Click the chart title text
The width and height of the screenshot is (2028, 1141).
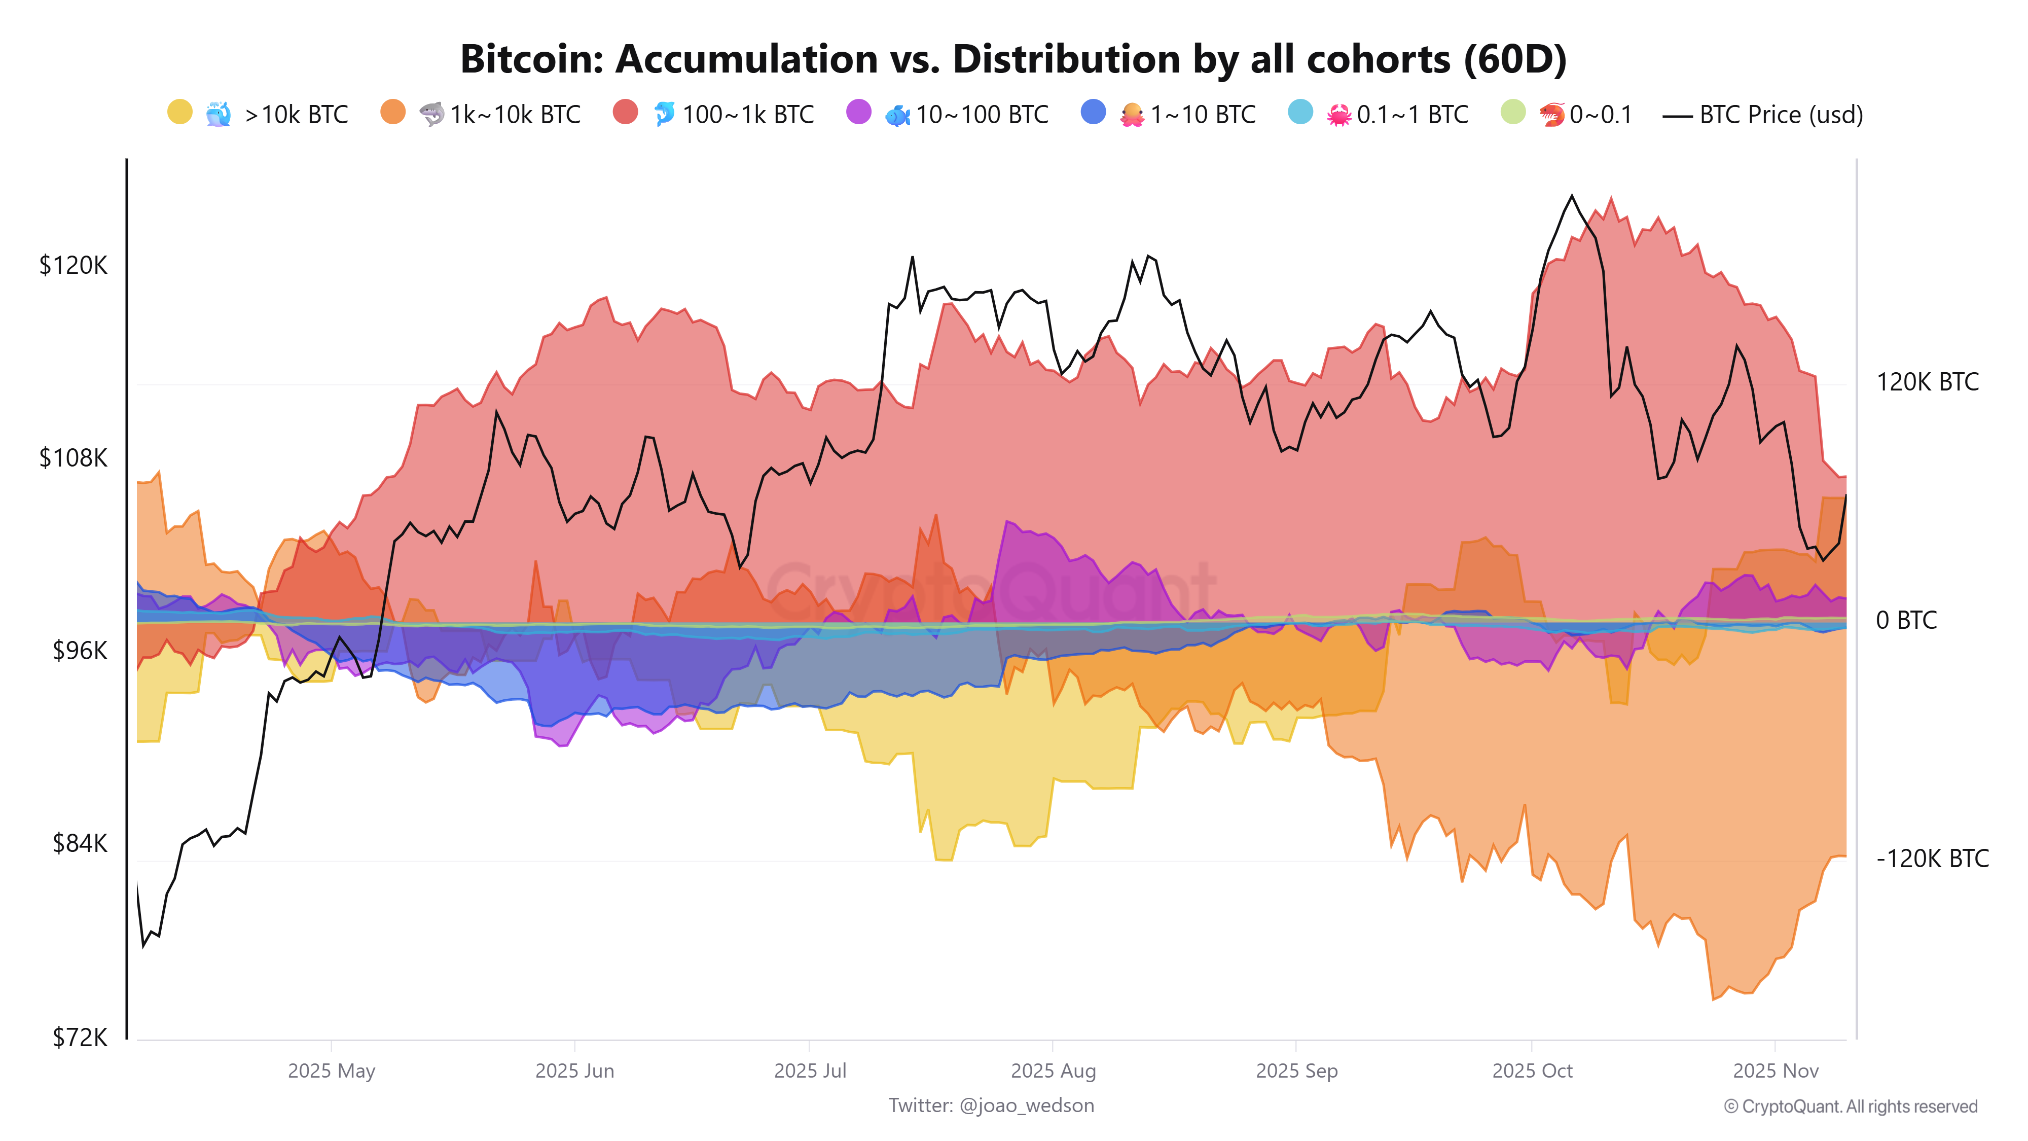tap(1013, 59)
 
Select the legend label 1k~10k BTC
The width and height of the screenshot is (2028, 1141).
tap(515, 115)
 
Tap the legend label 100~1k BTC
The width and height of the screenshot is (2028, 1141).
tap(748, 115)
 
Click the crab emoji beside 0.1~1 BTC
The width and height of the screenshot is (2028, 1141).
tap(1338, 115)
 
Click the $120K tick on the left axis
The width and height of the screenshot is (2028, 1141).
tap(73, 265)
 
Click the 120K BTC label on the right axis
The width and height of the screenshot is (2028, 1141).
tap(1927, 383)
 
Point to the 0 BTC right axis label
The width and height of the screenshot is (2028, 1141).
tap(1906, 621)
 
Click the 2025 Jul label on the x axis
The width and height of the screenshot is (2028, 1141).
tap(809, 1071)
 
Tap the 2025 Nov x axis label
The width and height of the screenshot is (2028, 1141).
tap(1776, 1071)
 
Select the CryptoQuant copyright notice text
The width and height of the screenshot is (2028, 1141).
tap(1850, 1107)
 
